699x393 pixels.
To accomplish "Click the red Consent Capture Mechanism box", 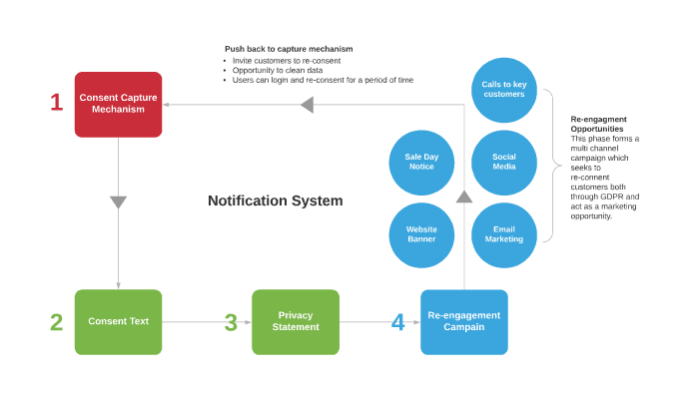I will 118,104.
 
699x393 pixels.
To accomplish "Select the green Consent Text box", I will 118,321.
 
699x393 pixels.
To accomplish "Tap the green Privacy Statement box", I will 295,321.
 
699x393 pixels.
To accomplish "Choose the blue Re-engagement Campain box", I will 463,321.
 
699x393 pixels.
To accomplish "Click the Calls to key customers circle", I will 504,88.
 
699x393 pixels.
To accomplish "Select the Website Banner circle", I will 421,234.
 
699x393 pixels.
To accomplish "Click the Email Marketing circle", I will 504,234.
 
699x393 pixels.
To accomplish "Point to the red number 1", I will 57,102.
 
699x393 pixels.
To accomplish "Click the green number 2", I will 57,322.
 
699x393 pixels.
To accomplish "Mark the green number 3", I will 231,322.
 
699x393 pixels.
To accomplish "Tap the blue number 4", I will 398,322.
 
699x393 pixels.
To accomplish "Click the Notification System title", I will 275,200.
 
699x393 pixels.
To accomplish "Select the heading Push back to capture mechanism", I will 289,49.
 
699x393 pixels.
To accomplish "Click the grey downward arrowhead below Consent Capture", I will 118,202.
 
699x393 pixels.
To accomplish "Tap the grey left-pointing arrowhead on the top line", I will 308,105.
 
